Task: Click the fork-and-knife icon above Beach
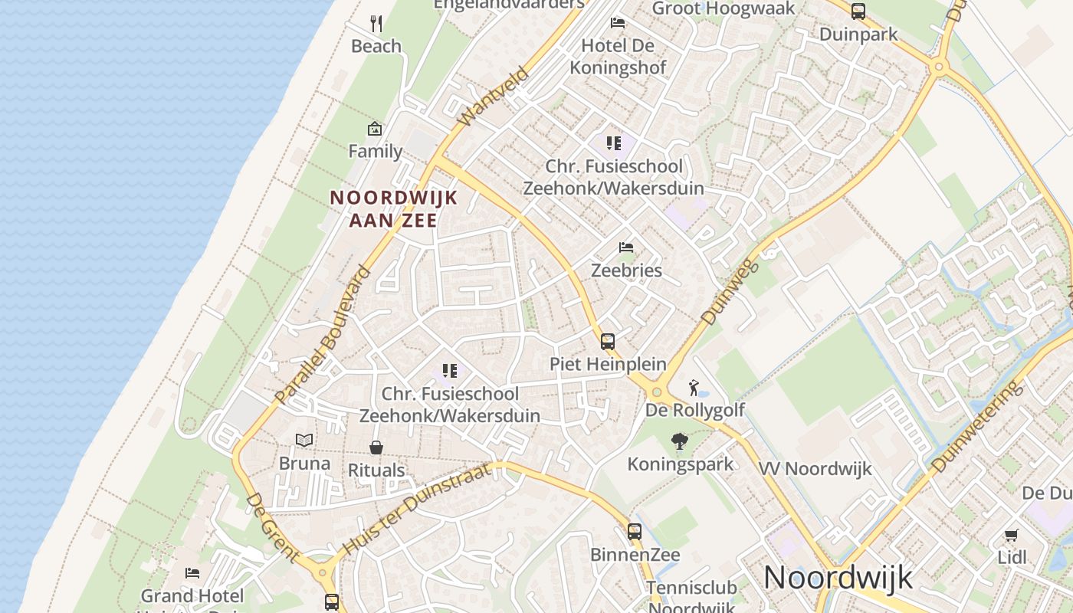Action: (376, 24)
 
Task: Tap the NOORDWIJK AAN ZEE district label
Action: (393, 209)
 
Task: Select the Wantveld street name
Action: (494, 97)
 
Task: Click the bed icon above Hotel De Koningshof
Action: (618, 23)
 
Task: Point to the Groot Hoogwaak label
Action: (724, 8)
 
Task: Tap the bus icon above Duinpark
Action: (858, 11)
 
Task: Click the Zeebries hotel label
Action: (626, 270)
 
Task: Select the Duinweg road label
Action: (729, 292)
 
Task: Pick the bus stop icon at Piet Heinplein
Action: (608, 342)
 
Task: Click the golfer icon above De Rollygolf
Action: (694, 388)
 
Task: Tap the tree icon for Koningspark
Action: (679, 441)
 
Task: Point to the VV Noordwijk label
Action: (815, 468)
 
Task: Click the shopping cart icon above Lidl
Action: (1012, 535)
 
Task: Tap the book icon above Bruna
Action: (304, 441)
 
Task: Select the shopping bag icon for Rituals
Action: (376, 447)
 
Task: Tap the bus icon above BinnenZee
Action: (635, 531)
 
